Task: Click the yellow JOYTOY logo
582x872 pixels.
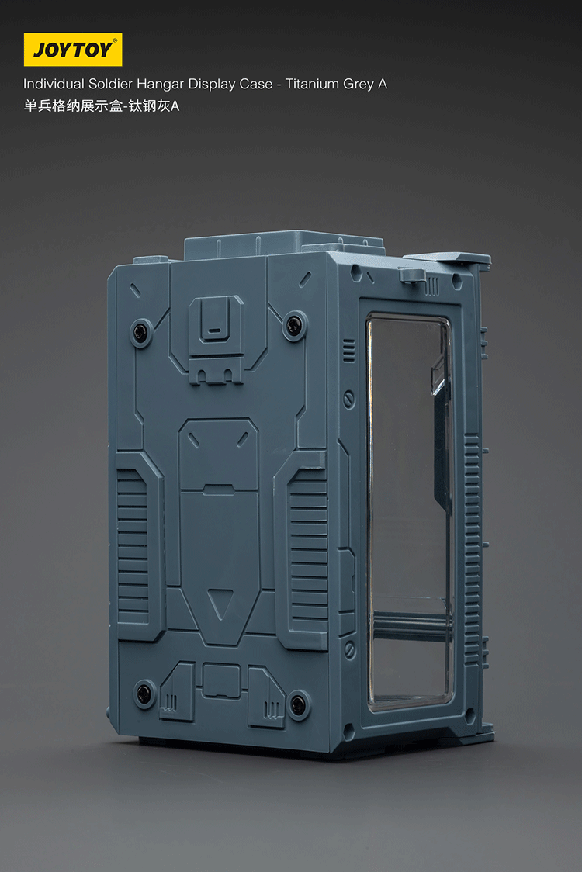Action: pyautogui.click(x=73, y=50)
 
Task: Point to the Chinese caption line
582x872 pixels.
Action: pyautogui.click(x=101, y=106)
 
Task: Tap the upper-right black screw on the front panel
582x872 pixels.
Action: pyautogui.click(x=294, y=325)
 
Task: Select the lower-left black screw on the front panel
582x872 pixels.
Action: pyautogui.click(x=144, y=693)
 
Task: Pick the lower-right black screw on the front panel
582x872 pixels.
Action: pyautogui.click(x=298, y=705)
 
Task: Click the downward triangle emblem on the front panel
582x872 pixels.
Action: pyautogui.click(x=223, y=602)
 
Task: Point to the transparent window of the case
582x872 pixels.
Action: pyautogui.click(x=409, y=512)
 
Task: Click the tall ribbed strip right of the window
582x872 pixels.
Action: pyautogui.click(x=471, y=543)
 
